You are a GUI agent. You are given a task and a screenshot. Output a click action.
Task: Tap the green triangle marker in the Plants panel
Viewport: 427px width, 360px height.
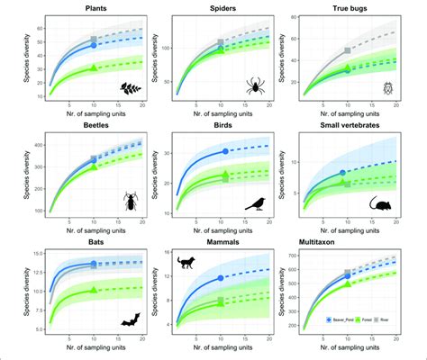[x=95, y=67]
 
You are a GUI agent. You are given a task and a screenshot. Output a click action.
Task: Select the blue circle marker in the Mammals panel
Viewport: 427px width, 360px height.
[x=221, y=279]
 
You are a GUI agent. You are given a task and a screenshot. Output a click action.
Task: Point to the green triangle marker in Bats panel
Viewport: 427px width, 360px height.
[x=95, y=292]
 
